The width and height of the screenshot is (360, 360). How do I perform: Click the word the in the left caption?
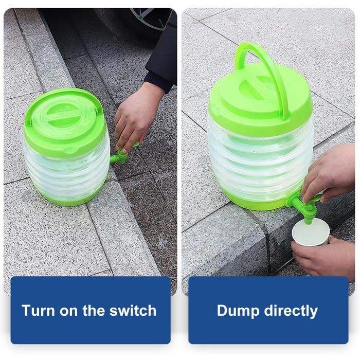click(x=99, y=311)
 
